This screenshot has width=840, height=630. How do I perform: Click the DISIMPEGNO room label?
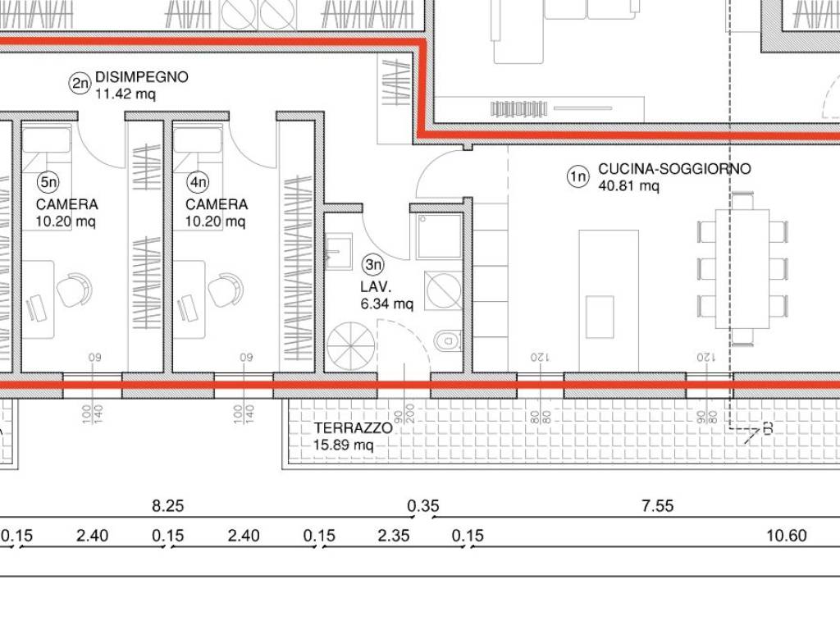point(142,77)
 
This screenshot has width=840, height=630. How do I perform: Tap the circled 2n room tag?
point(80,83)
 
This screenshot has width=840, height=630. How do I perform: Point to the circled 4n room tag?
point(198,180)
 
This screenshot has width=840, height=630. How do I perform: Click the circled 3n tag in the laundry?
point(373,264)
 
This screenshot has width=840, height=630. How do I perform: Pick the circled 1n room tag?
point(578,175)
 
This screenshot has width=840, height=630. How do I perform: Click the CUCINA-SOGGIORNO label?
point(674,169)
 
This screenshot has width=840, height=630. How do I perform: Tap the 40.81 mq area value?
point(628,186)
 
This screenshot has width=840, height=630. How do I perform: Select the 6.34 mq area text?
point(387,304)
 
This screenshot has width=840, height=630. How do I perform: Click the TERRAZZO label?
point(353,428)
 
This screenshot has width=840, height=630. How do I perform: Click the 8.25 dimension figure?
point(168,506)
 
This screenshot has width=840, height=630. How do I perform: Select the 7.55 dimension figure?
point(658,506)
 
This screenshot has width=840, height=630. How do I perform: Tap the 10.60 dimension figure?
point(787,536)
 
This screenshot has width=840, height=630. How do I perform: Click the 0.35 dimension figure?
point(423,506)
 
